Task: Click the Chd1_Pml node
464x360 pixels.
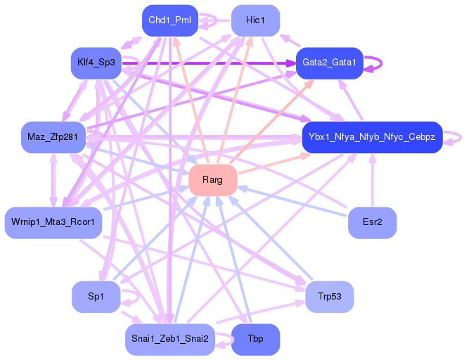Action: coord(169,20)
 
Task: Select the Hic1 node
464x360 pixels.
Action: coord(255,20)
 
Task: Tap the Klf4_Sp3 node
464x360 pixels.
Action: coord(96,63)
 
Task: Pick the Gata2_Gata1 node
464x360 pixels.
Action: coord(329,63)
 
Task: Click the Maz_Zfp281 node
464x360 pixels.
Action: coord(53,136)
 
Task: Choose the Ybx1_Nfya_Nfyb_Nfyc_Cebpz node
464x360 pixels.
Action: coord(372,136)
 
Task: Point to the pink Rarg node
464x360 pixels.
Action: coord(212,180)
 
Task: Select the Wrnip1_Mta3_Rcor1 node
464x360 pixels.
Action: coord(53,223)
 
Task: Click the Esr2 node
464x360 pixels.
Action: coord(372,223)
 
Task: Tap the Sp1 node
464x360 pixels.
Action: coord(96,297)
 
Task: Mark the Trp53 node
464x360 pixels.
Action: coord(329,297)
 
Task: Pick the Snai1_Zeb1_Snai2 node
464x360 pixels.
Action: coord(169,340)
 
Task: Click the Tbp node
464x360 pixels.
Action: coord(255,340)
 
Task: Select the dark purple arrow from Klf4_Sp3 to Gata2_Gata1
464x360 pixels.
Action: coord(211,63)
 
